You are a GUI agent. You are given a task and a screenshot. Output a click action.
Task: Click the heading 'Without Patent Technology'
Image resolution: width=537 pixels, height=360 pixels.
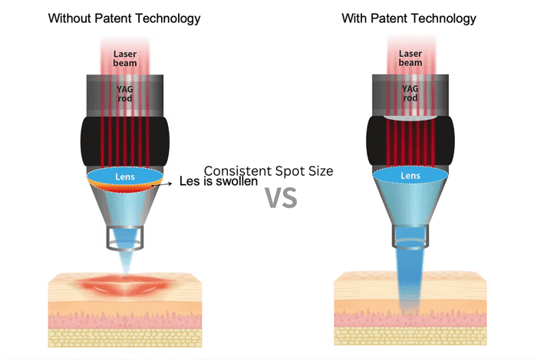coord(124,18)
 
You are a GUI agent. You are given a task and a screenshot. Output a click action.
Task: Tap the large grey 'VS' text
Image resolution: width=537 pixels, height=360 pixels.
coord(280,197)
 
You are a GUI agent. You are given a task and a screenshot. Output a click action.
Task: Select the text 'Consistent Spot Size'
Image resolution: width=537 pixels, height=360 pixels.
coord(268,171)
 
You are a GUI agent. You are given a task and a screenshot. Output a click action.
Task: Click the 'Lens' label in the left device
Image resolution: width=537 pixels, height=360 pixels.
coord(125,176)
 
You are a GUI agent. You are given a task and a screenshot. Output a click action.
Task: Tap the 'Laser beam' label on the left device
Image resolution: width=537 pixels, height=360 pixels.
coord(125,58)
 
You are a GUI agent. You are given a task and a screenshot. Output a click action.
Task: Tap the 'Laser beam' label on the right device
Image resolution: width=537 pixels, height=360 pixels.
coord(410,58)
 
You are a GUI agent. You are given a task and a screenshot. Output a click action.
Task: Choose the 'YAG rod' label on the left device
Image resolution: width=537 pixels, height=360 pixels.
coord(125,92)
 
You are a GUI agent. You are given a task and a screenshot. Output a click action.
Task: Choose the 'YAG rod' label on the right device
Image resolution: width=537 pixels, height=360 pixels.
coord(410,92)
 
